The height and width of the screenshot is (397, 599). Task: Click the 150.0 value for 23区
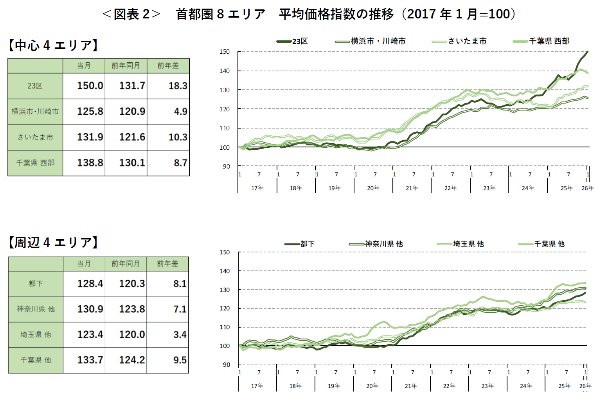pyautogui.click(x=90, y=86)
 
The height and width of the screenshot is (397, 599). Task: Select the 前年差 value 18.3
pyautogui.click(x=178, y=86)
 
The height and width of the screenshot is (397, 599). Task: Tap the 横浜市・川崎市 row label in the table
pyautogui.click(x=35, y=112)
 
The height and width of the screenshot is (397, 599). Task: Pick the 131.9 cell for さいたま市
pyautogui.click(x=90, y=137)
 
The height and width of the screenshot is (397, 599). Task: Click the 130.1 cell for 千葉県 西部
pyautogui.click(x=132, y=163)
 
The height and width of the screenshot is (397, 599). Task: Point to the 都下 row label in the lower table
pyautogui.click(x=36, y=284)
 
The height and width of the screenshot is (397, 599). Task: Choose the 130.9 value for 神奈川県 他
pyautogui.click(x=90, y=309)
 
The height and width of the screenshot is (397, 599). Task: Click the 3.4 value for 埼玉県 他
pyautogui.click(x=180, y=335)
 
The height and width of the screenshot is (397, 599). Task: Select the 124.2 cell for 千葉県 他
pyautogui.click(x=132, y=360)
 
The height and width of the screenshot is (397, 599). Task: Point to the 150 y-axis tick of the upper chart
pyautogui.click(x=225, y=52)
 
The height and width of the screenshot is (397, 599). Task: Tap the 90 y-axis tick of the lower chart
pyautogui.click(x=227, y=365)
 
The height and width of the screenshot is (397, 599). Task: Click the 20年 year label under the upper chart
pyautogui.click(x=373, y=188)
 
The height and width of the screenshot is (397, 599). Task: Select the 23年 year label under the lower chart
pyautogui.click(x=487, y=386)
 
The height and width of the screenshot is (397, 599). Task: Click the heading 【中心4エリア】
pyautogui.click(x=53, y=45)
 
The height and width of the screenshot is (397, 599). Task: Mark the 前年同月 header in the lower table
pyautogui.click(x=126, y=264)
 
